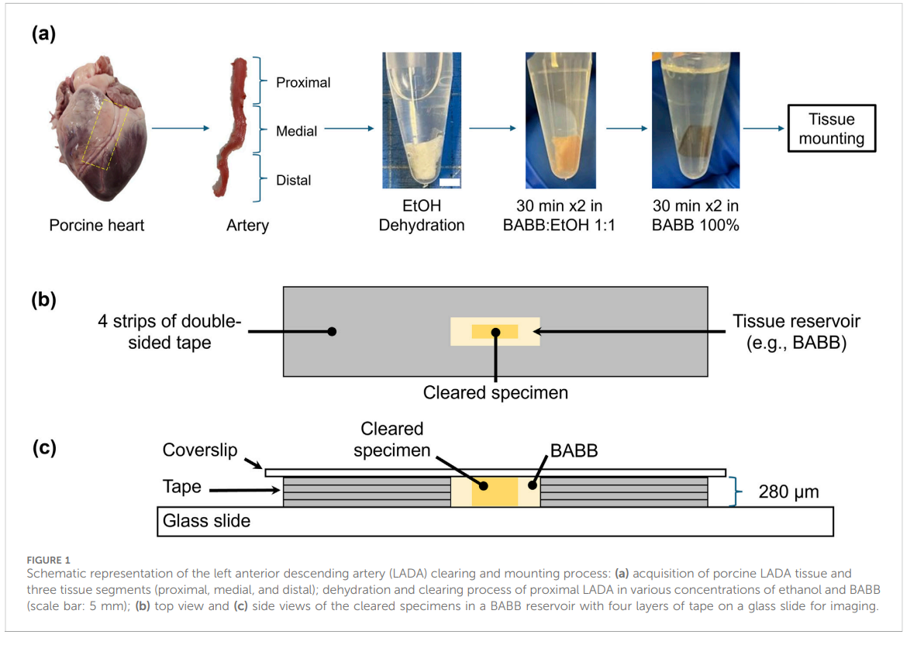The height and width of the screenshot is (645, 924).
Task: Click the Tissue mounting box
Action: [831, 129]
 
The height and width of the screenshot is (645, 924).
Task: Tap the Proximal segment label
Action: [303, 82]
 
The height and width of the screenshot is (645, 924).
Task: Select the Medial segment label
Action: [296, 131]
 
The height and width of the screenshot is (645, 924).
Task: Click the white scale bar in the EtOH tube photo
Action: [450, 183]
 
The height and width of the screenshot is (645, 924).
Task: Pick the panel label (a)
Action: [43, 34]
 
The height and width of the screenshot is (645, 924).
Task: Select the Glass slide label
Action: [206, 521]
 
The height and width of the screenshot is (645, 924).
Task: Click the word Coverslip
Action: [200, 450]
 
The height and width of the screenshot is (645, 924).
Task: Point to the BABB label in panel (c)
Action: [574, 450]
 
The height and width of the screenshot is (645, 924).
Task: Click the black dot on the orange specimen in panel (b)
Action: [494, 332]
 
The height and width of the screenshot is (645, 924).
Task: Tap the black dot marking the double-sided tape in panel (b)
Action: [332, 331]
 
